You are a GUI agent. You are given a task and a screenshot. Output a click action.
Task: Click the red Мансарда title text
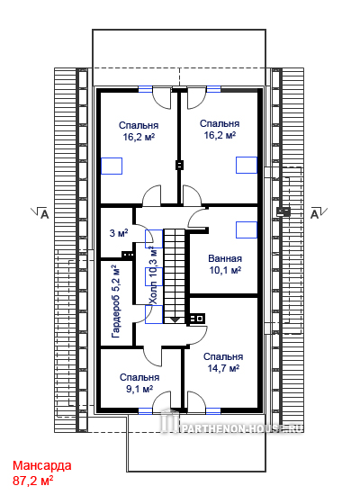click(42, 465)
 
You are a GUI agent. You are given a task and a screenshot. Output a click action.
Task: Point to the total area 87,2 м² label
click(32, 481)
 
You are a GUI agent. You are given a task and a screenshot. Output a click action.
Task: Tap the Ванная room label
click(225, 258)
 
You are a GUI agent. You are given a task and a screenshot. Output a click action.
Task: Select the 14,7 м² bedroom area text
click(223, 368)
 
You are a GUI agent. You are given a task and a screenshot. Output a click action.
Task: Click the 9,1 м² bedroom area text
click(139, 389)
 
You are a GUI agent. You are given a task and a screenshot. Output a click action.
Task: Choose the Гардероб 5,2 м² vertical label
click(115, 301)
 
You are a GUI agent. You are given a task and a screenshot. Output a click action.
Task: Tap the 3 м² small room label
click(119, 233)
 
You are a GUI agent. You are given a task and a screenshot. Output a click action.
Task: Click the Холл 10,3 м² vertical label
click(154, 275)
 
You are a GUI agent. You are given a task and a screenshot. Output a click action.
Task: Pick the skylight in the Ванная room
click(247, 229)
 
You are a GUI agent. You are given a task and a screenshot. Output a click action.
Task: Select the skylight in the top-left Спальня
click(112, 166)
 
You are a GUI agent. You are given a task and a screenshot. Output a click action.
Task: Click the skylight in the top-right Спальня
click(247, 165)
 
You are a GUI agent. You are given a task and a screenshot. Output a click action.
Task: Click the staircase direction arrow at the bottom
click(175, 319)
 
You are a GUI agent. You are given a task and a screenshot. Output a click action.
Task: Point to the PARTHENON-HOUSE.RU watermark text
click(242, 428)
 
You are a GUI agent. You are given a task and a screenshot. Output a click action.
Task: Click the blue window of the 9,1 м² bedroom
click(145, 411)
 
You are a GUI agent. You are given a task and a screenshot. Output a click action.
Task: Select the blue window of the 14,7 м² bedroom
click(213, 411)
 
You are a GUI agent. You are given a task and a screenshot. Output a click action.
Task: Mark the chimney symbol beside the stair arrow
click(197, 319)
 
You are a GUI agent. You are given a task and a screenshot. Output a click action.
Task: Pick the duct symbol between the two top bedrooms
click(179, 165)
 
